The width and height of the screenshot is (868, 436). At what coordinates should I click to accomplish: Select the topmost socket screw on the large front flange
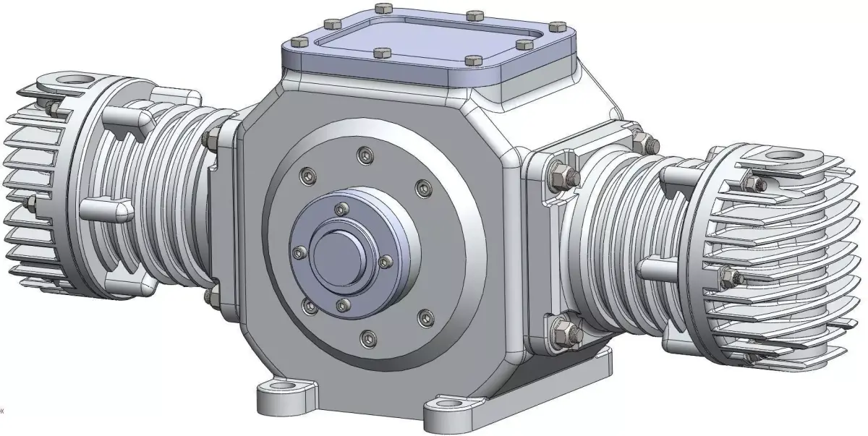click(362, 154)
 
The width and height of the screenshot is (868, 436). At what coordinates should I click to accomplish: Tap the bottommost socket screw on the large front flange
click(367, 335)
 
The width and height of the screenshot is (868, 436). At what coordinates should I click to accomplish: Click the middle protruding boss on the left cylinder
click(105, 210)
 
